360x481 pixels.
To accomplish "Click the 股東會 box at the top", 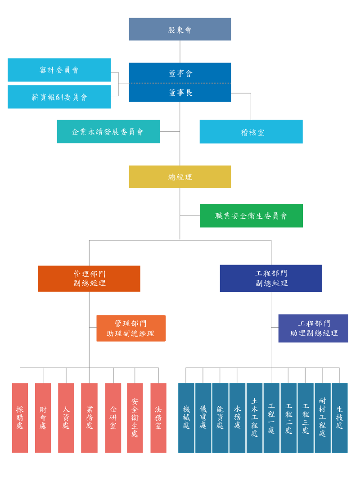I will (180, 29).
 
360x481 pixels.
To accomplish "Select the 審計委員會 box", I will (59, 70).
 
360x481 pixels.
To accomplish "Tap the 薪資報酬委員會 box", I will (59, 97).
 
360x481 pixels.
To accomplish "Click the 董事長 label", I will (180, 93).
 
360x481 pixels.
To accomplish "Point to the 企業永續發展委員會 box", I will (108, 132).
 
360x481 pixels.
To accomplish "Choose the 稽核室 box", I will (251, 132).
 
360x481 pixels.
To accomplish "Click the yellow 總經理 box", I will (180, 177).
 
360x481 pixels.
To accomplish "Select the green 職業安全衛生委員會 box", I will (251, 216).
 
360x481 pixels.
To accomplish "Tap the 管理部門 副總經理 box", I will (89, 279).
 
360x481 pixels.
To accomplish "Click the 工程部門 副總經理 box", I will (271, 279).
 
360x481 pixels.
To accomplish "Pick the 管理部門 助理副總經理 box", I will (131, 328).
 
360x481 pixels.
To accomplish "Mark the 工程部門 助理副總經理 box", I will (313, 328).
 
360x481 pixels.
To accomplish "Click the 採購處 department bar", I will (20, 418).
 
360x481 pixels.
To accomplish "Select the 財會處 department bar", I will (43, 418).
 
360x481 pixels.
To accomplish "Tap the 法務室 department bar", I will (158, 418).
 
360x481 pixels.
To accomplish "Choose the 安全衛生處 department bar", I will (135, 418).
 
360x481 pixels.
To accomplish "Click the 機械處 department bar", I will (186, 418).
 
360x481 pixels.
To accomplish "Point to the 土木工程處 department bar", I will (255, 418).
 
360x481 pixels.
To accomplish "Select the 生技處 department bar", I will (340, 418).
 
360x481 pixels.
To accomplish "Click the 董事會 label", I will (180, 73).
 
